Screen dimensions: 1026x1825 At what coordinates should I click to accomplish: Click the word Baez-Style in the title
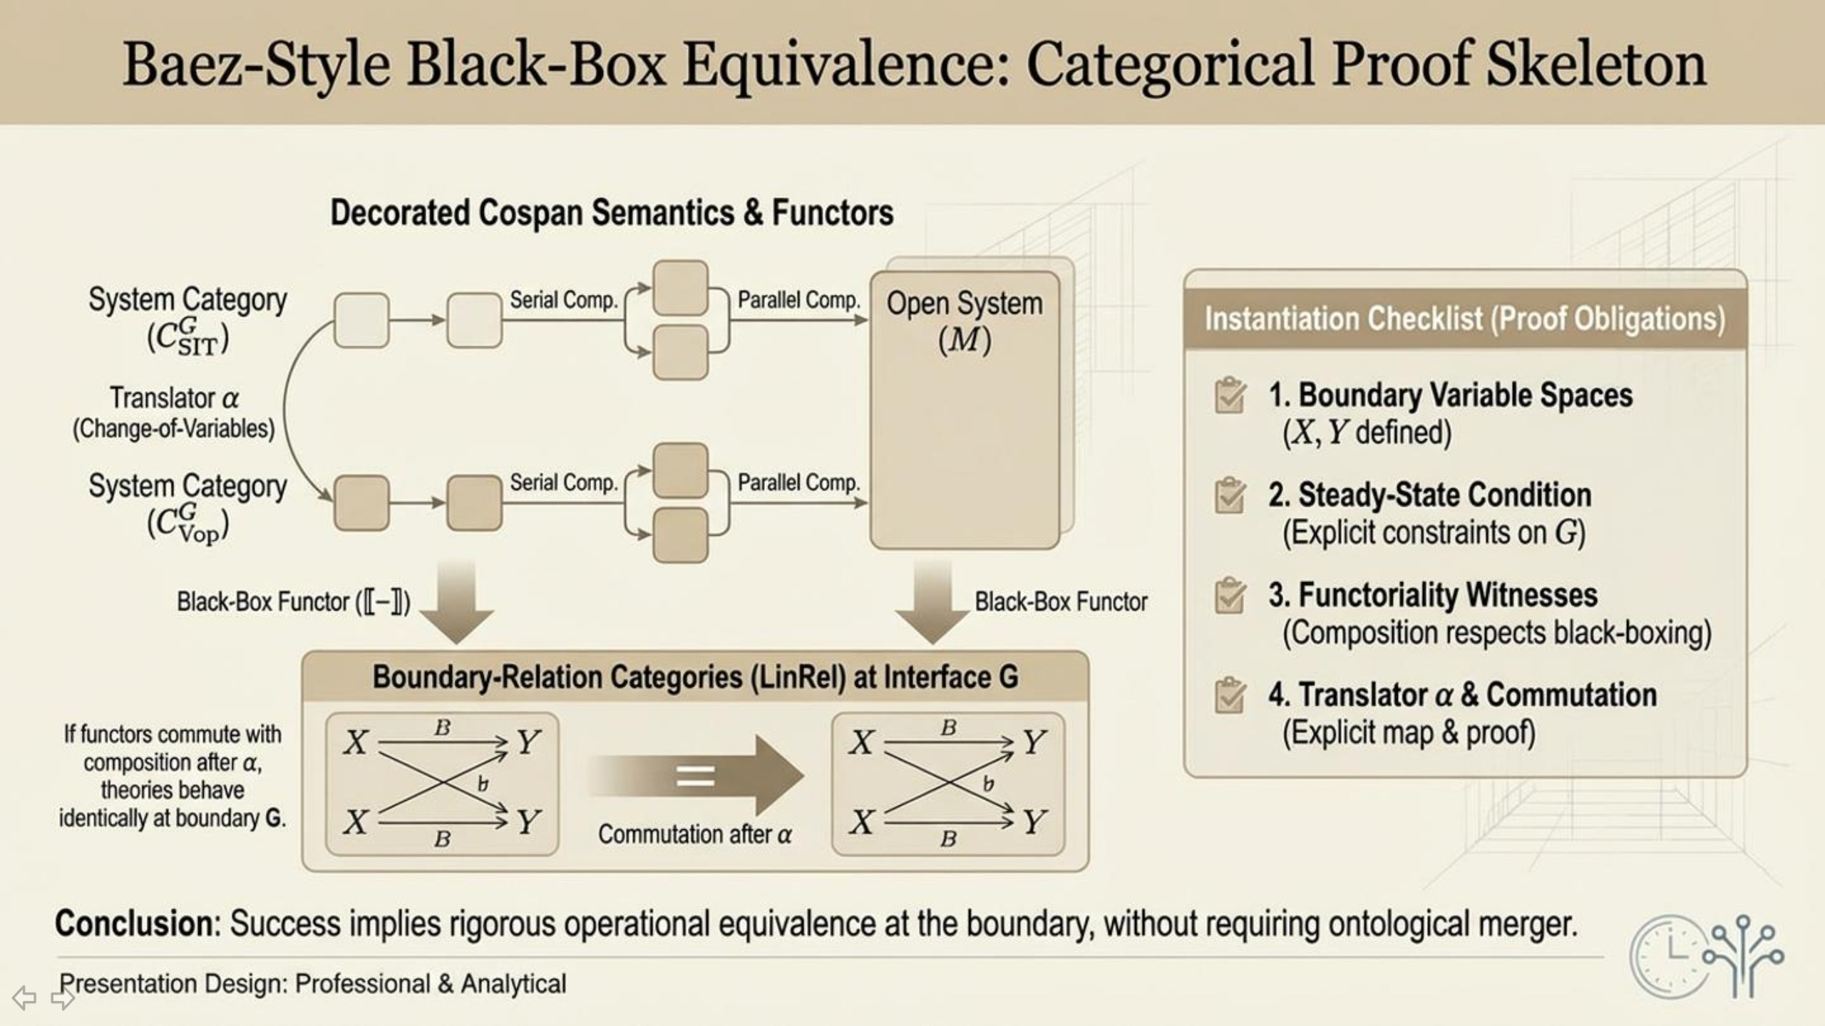pyautogui.click(x=257, y=66)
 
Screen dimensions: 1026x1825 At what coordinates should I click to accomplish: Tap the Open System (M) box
pyautogui.click(x=964, y=410)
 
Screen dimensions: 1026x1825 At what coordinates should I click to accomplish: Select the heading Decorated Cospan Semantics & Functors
pyautogui.click(x=612, y=212)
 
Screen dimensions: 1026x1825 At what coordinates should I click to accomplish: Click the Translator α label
pyautogui.click(x=174, y=398)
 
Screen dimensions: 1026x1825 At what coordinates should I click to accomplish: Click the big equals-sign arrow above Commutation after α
pyautogui.click(x=697, y=775)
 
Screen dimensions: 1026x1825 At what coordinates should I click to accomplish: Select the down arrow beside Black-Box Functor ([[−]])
pyautogui.click(x=457, y=602)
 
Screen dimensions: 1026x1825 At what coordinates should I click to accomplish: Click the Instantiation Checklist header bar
pyautogui.click(x=1464, y=318)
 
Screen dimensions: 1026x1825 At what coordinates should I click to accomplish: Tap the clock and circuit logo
pyautogui.click(x=1706, y=955)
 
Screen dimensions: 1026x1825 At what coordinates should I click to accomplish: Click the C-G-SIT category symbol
pyautogui.click(x=187, y=337)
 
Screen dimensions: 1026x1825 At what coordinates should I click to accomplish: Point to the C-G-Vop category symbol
pyautogui.click(x=187, y=524)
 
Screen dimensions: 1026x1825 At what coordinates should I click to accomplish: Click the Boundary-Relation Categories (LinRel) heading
pyautogui.click(x=695, y=677)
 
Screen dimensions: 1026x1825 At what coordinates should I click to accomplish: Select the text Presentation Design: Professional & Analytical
pyautogui.click(x=312, y=983)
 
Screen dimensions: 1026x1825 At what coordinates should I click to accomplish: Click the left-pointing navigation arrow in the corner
pyautogui.click(x=24, y=997)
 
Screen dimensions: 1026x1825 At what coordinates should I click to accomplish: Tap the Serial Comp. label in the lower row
pyautogui.click(x=563, y=482)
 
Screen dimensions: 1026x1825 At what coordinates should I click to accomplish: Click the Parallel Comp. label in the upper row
pyautogui.click(x=798, y=300)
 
